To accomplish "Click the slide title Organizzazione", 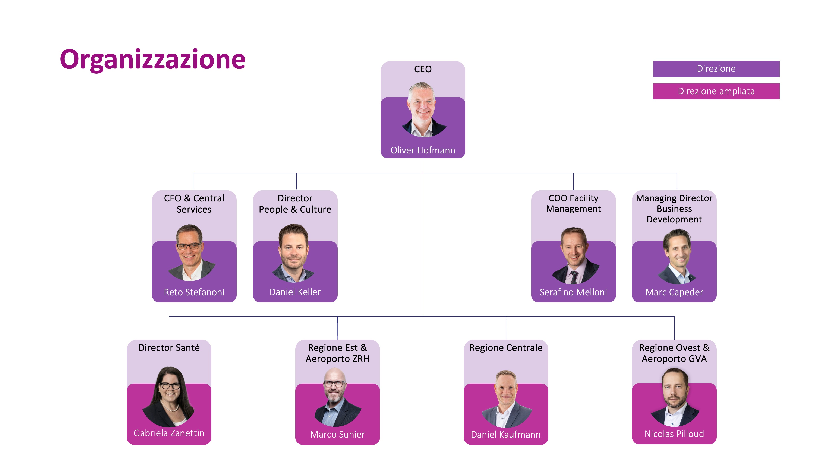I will (152, 60).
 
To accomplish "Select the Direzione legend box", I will (716, 69).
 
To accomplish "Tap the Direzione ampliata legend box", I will (716, 91).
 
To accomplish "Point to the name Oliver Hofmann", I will (423, 150).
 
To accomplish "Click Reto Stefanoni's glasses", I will (189, 246).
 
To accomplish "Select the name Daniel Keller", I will (295, 292).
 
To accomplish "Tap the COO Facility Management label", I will (573, 203).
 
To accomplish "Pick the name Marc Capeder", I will (674, 292).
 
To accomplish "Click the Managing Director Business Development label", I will (674, 209).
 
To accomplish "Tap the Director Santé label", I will (169, 347).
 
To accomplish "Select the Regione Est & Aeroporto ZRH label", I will (337, 353).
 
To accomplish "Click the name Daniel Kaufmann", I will (506, 434).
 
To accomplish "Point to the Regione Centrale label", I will (506, 347).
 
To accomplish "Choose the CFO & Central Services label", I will (194, 204).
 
